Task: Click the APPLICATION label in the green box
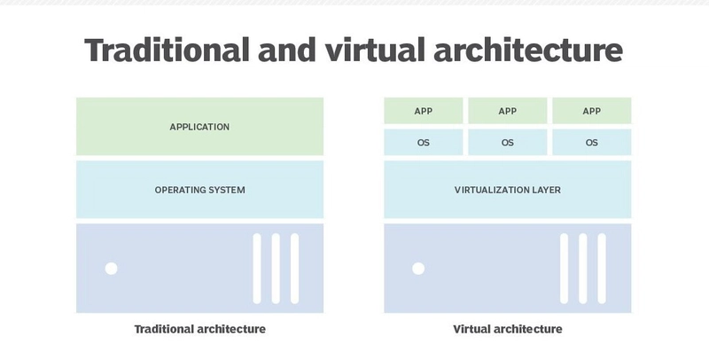199,127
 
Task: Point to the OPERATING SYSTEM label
199,190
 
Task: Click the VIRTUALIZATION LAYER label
508,190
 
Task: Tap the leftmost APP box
424,111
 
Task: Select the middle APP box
508,111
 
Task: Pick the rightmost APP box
592,111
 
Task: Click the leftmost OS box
424,142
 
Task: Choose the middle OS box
508,142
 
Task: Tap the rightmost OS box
592,142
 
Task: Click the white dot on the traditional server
111,269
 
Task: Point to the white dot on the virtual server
418,269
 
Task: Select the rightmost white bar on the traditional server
295,268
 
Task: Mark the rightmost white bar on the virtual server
603,268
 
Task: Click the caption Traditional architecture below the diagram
199,329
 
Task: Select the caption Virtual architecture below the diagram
508,329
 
